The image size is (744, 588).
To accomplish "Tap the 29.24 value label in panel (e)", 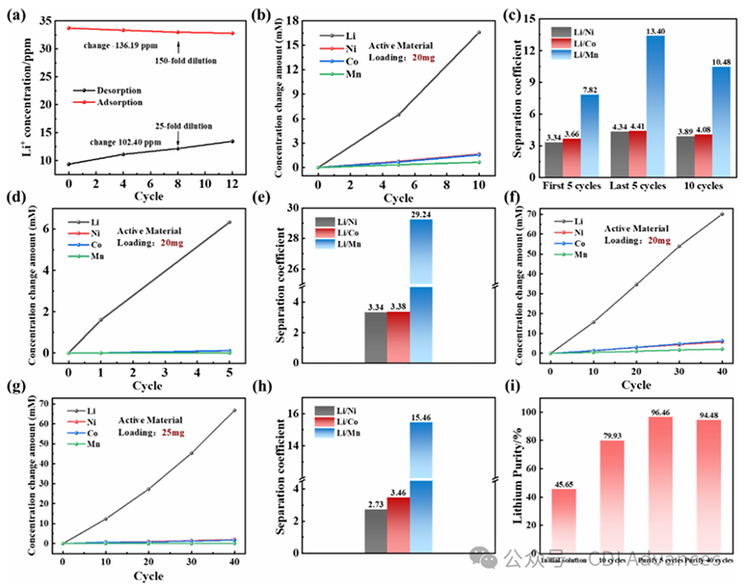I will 421,213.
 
